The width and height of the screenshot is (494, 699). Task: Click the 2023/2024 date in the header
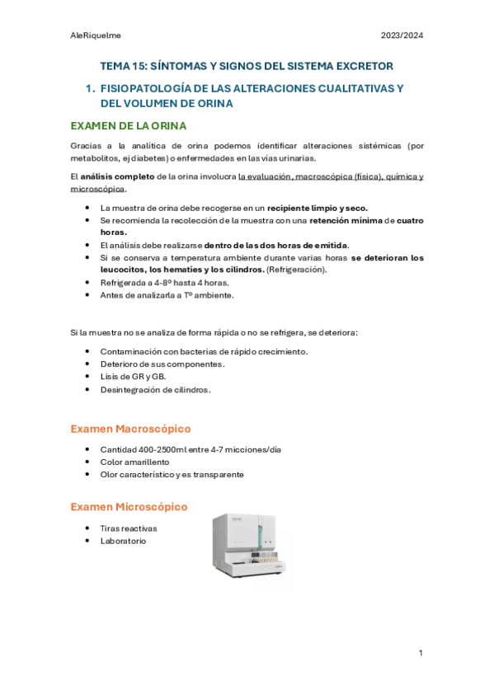(402, 35)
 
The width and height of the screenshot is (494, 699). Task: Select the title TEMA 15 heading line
(247, 65)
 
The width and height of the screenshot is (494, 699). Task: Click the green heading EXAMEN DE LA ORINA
(129, 125)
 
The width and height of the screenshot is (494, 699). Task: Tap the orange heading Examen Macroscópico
(130, 429)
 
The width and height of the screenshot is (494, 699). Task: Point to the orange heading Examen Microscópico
(129, 506)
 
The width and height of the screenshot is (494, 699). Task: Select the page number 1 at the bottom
(421, 653)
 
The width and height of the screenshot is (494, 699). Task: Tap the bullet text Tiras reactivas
(128, 528)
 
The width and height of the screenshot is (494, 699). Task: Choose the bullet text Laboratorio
(123, 541)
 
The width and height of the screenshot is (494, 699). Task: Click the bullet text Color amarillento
(134, 462)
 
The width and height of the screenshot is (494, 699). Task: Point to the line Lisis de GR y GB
(134, 377)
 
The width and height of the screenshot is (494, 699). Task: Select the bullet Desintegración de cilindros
(155, 389)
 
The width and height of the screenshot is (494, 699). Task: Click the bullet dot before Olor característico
(88, 475)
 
